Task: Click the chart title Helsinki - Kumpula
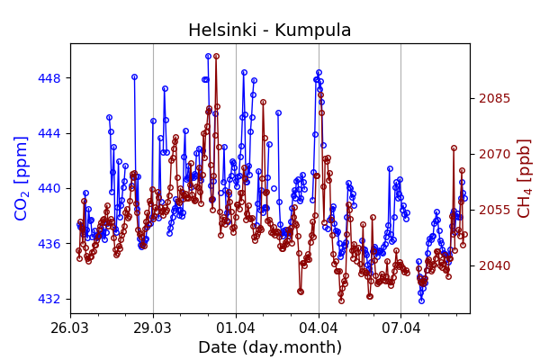[269, 31]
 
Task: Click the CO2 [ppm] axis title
[22, 178]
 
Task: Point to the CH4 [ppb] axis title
[525, 178]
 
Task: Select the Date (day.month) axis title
[269, 347]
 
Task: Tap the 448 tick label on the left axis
[49, 78]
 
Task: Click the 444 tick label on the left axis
[49, 133]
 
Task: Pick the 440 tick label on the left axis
[49, 189]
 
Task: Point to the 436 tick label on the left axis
[49, 244]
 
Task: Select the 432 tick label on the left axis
[49, 299]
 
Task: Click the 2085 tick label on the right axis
[494, 98]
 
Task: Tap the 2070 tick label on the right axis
[494, 154]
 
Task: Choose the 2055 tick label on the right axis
[494, 210]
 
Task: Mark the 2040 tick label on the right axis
[494, 265]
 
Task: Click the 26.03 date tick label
[70, 327]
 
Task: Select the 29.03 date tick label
[153, 327]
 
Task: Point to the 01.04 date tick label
[236, 327]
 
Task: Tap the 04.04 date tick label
[319, 327]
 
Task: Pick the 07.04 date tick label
[401, 327]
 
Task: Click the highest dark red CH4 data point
[216, 56]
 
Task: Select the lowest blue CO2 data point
[421, 301]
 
